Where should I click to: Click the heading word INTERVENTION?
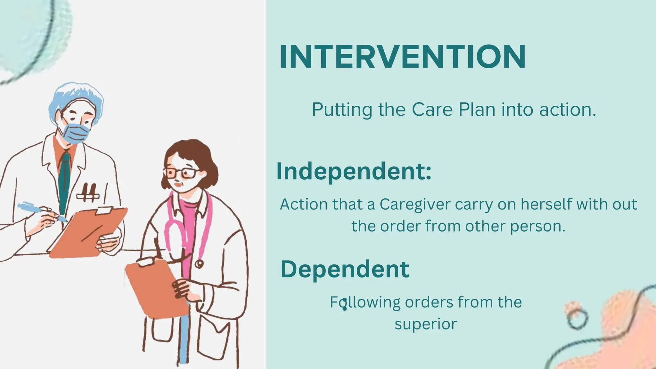coord(402,57)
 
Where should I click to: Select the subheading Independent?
coord(354,171)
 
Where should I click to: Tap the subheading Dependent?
coord(345,269)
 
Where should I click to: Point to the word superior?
coord(425,324)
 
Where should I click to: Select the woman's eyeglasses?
coord(181,173)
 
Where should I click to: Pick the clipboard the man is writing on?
coord(87,231)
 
